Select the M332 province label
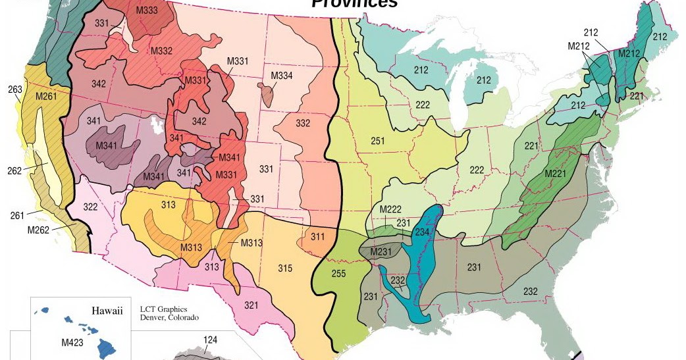(x=161, y=51)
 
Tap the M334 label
(x=282, y=76)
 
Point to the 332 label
(x=303, y=123)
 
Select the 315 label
(x=284, y=267)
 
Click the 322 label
(x=90, y=207)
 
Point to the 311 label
(x=318, y=236)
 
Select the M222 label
(x=390, y=209)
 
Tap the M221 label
(x=556, y=173)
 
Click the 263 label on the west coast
(x=15, y=90)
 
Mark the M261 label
(x=47, y=97)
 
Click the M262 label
(x=39, y=230)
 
